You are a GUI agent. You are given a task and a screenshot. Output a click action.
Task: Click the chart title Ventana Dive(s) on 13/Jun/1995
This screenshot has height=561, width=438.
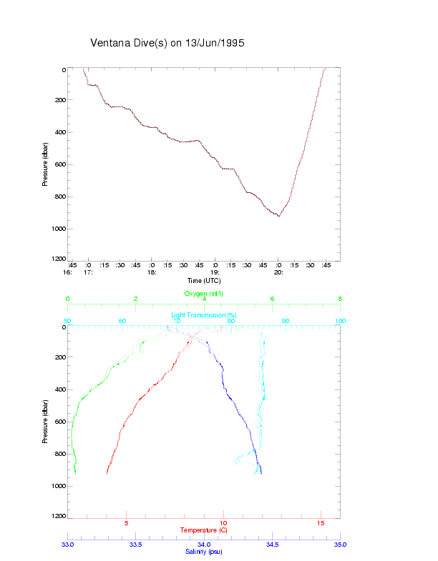[167, 43]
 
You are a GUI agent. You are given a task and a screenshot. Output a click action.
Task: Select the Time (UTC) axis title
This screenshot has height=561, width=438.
[204, 279]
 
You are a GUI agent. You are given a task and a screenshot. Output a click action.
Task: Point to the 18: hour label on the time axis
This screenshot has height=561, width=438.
[152, 272]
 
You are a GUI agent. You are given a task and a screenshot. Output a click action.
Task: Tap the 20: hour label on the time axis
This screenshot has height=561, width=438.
[278, 272]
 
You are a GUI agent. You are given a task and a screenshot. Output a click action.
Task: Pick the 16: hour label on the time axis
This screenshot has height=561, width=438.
[67, 272]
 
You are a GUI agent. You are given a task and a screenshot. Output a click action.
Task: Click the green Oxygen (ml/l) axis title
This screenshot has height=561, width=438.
[205, 294]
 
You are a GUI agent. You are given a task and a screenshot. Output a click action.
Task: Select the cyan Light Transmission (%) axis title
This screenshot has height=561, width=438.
[204, 314]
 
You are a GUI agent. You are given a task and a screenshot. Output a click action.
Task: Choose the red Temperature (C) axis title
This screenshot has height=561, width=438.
[204, 530]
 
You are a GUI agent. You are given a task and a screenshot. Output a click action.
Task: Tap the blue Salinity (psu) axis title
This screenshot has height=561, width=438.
[204, 552]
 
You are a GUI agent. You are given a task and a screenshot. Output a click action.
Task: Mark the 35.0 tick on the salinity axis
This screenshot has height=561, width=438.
[340, 545]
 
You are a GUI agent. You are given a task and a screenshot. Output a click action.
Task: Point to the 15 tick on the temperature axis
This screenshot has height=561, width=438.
[321, 523]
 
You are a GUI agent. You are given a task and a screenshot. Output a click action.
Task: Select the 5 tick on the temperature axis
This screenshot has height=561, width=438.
[127, 523]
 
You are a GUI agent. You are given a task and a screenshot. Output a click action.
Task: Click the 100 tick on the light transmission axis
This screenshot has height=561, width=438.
[340, 321]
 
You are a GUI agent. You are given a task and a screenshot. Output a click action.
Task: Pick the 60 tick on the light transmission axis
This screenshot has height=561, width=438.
[122, 321]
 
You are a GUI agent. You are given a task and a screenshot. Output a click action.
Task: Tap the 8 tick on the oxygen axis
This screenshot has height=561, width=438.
[340, 299]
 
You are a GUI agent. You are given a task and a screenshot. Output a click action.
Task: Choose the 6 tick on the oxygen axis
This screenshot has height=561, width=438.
[272, 299]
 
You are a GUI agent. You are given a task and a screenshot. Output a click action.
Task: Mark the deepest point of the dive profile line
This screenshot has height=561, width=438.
[278, 216]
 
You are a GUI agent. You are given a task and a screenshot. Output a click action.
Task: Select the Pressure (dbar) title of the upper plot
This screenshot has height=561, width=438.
[45, 164]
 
